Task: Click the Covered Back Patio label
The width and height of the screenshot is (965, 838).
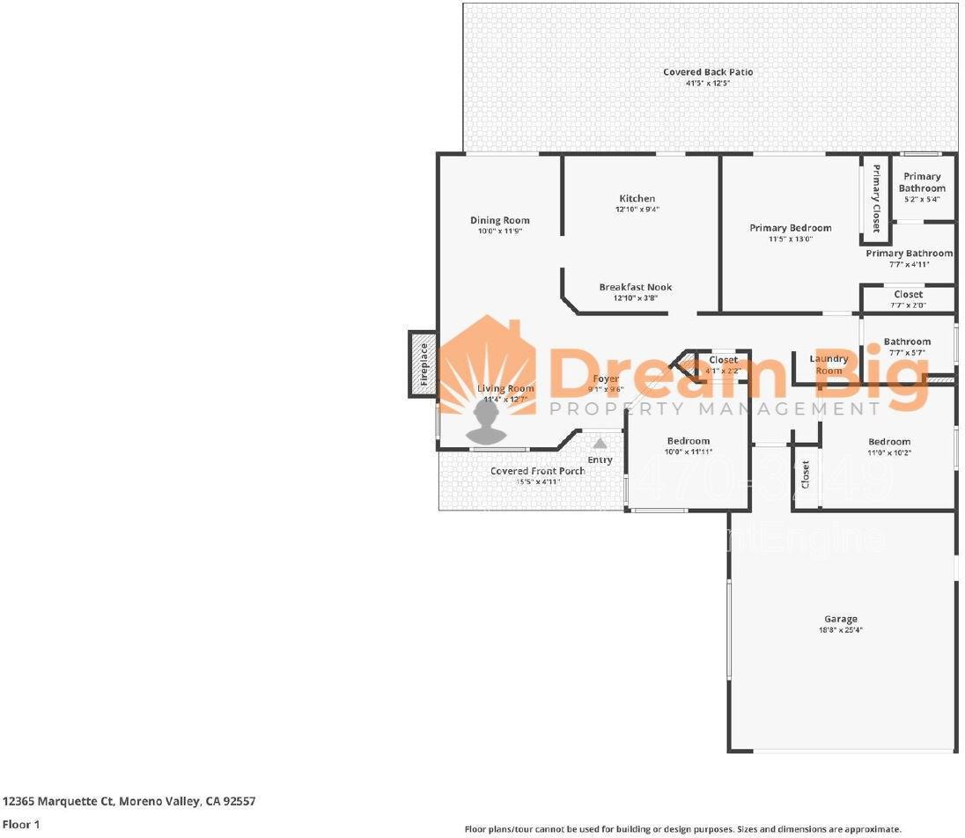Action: pyautogui.click(x=708, y=72)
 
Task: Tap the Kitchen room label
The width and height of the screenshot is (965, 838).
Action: pyautogui.click(x=637, y=198)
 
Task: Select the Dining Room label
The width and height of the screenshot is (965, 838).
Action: pyautogui.click(x=499, y=220)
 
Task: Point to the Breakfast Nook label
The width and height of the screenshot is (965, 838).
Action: pyautogui.click(x=635, y=287)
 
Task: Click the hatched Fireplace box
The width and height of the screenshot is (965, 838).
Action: pyautogui.click(x=423, y=364)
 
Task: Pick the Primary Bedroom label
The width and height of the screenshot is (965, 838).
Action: pyautogui.click(x=790, y=228)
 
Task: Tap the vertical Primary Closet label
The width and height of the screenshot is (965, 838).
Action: pyautogui.click(x=876, y=198)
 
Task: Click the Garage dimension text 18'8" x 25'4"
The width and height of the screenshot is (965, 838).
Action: pyautogui.click(x=840, y=630)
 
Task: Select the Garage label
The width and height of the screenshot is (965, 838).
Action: pyautogui.click(x=840, y=619)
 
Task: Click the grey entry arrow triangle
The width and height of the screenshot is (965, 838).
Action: pyautogui.click(x=600, y=444)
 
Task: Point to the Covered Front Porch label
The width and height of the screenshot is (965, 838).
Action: pyautogui.click(x=537, y=471)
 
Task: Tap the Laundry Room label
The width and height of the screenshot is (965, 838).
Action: pyautogui.click(x=829, y=364)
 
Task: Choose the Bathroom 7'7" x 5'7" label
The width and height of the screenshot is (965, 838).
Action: pyautogui.click(x=907, y=342)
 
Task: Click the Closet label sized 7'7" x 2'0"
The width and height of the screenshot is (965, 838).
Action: pyautogui.click(x=908, y=294)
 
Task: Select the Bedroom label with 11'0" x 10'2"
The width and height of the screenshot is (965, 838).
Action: pyautogui.click(x=888, y=442)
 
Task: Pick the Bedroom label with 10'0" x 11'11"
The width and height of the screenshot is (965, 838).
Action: pyautogui.click(x=688, y=441)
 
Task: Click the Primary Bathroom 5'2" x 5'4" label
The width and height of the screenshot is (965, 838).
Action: pyautogui.click(x=922, y=182)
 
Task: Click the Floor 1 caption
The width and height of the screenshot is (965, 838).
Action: pyautogui.click(x=21, y=825)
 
